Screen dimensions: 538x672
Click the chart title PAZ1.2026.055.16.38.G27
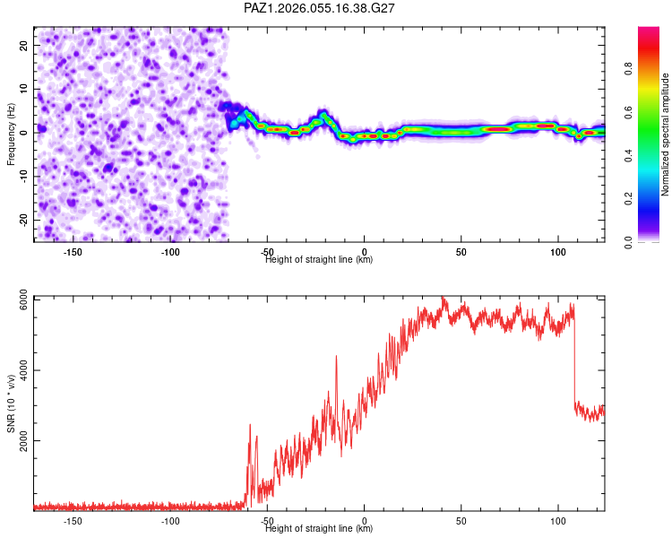[320, 8]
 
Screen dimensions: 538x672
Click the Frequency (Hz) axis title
[11, 134]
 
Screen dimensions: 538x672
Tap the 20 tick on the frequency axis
[24, 45]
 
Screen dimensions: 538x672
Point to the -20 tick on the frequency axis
[24, 220]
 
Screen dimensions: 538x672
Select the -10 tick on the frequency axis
[24, 176]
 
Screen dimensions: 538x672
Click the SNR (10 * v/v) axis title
[11, 403]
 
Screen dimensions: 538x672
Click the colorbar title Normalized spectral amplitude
[666, 134]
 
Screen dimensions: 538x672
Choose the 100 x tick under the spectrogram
[557, 252]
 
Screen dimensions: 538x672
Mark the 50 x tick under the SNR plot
[461, 521]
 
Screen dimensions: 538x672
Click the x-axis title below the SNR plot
[319, 529]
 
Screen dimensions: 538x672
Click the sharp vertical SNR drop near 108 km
[574, 359]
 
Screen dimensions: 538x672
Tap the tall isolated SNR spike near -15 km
[336, 358]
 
